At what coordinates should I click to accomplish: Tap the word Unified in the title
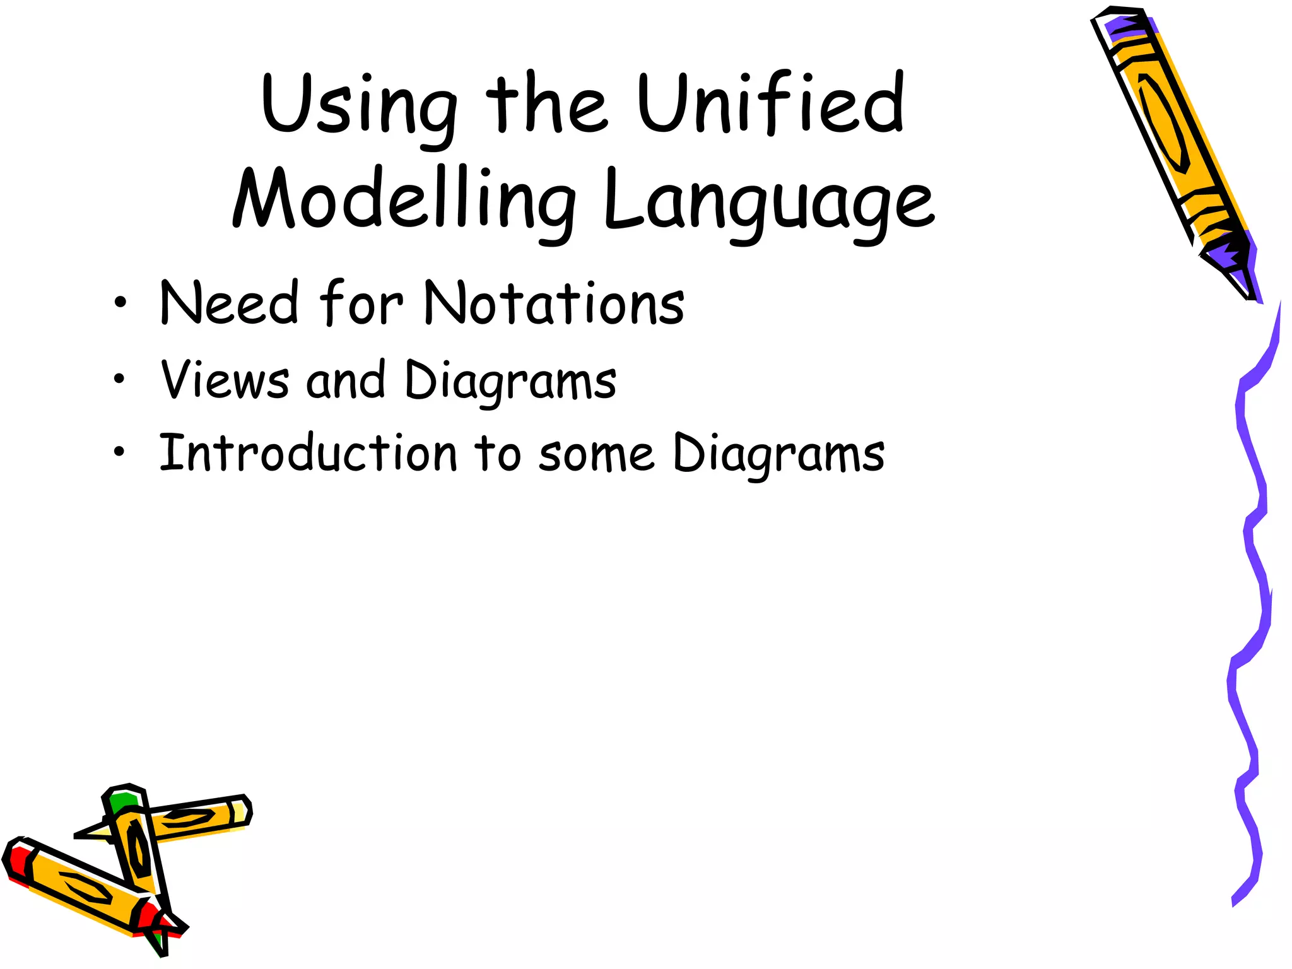coord(771,104)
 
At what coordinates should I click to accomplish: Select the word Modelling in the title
coord(404,201)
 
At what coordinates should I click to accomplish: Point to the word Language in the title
coord(768,202)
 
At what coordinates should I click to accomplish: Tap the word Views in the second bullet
coord(225,380)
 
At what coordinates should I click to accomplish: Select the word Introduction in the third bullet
coord(308,454)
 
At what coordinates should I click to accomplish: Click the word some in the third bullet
coord(596,455)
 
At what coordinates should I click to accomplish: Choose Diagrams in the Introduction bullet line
coord(778,454)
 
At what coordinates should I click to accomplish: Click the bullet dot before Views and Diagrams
coord(119,379)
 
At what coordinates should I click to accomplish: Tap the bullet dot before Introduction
coord(119,452)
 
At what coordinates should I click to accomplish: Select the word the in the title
coord(546,104)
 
